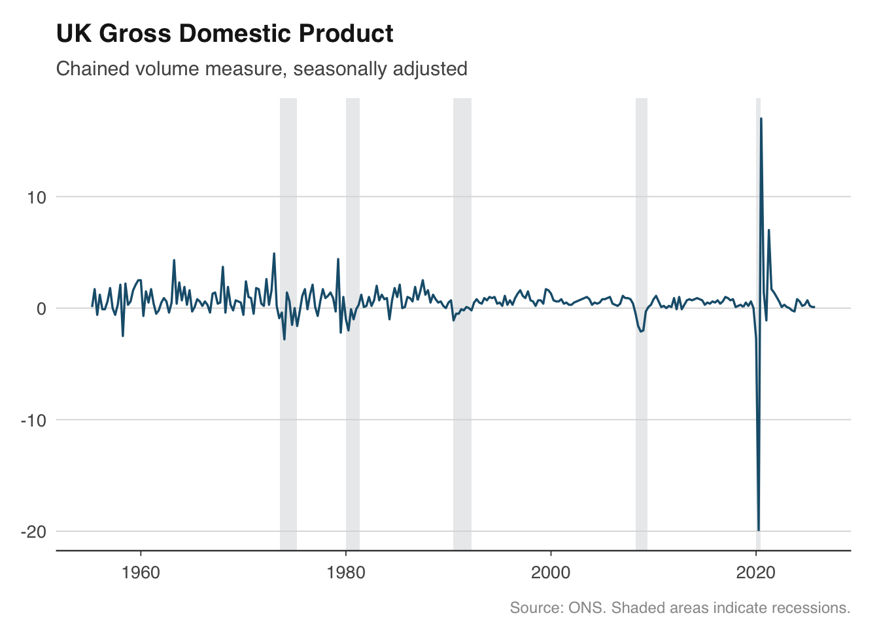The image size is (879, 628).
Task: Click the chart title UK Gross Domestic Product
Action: click(x=224, y=33)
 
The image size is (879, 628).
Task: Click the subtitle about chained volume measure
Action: click(x=262, y=69)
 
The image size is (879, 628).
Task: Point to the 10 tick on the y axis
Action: click(x=37, y=197)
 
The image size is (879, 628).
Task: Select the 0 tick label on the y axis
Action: click(x=42, y=308)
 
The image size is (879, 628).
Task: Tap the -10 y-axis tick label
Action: click(x=34, y=420)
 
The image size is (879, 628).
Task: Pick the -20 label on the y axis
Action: click(x=34, y=531)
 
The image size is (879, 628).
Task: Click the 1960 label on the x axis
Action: click(x=141, y=573)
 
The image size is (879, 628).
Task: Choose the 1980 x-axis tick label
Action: click(x=346, y=573)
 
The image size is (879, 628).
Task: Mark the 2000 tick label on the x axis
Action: click(x=551, y=573)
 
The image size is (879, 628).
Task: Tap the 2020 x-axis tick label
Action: click(x=755, y=573)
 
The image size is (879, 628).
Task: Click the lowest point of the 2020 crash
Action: click(x=759, y=530)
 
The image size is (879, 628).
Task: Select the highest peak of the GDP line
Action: click(x=761, y=119)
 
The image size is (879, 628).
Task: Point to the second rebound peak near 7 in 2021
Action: click(x=768, y=230)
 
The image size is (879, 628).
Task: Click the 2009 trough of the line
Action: click(x=641, y=332)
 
